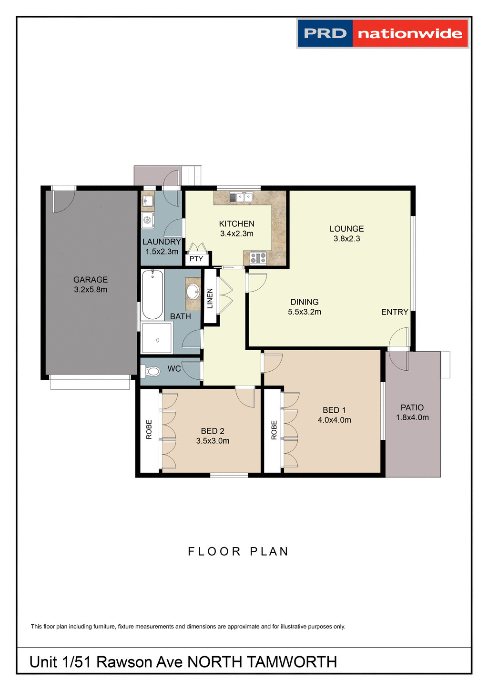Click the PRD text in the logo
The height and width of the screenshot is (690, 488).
click(325, 33)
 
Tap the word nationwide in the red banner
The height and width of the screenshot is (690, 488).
click(410, 34)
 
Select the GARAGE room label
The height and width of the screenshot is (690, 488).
click(91, 280)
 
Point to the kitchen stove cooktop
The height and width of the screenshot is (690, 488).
click(258, 258)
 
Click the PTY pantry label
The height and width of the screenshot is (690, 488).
click(196, 259)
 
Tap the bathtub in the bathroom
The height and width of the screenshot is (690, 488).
click(152, 294)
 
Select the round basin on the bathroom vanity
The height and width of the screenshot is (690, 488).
click(193, 291)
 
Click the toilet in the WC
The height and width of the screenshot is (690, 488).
click(152, 371)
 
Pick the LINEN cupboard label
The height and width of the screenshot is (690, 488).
click(210, 298)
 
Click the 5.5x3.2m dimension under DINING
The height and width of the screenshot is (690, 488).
click(305, 312)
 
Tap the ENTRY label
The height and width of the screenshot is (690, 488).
click(395, 312)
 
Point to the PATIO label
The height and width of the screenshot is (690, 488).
click(412, 407)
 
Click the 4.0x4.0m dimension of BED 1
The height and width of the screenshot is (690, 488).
click(335, 420)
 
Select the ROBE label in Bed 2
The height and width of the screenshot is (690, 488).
click(149, 429)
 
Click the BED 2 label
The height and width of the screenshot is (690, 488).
click(213, 431)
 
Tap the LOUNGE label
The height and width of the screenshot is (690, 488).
click(346, 229)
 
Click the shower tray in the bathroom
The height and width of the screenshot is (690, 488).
click(156, 338)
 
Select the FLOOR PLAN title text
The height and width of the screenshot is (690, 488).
click(238, 551)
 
